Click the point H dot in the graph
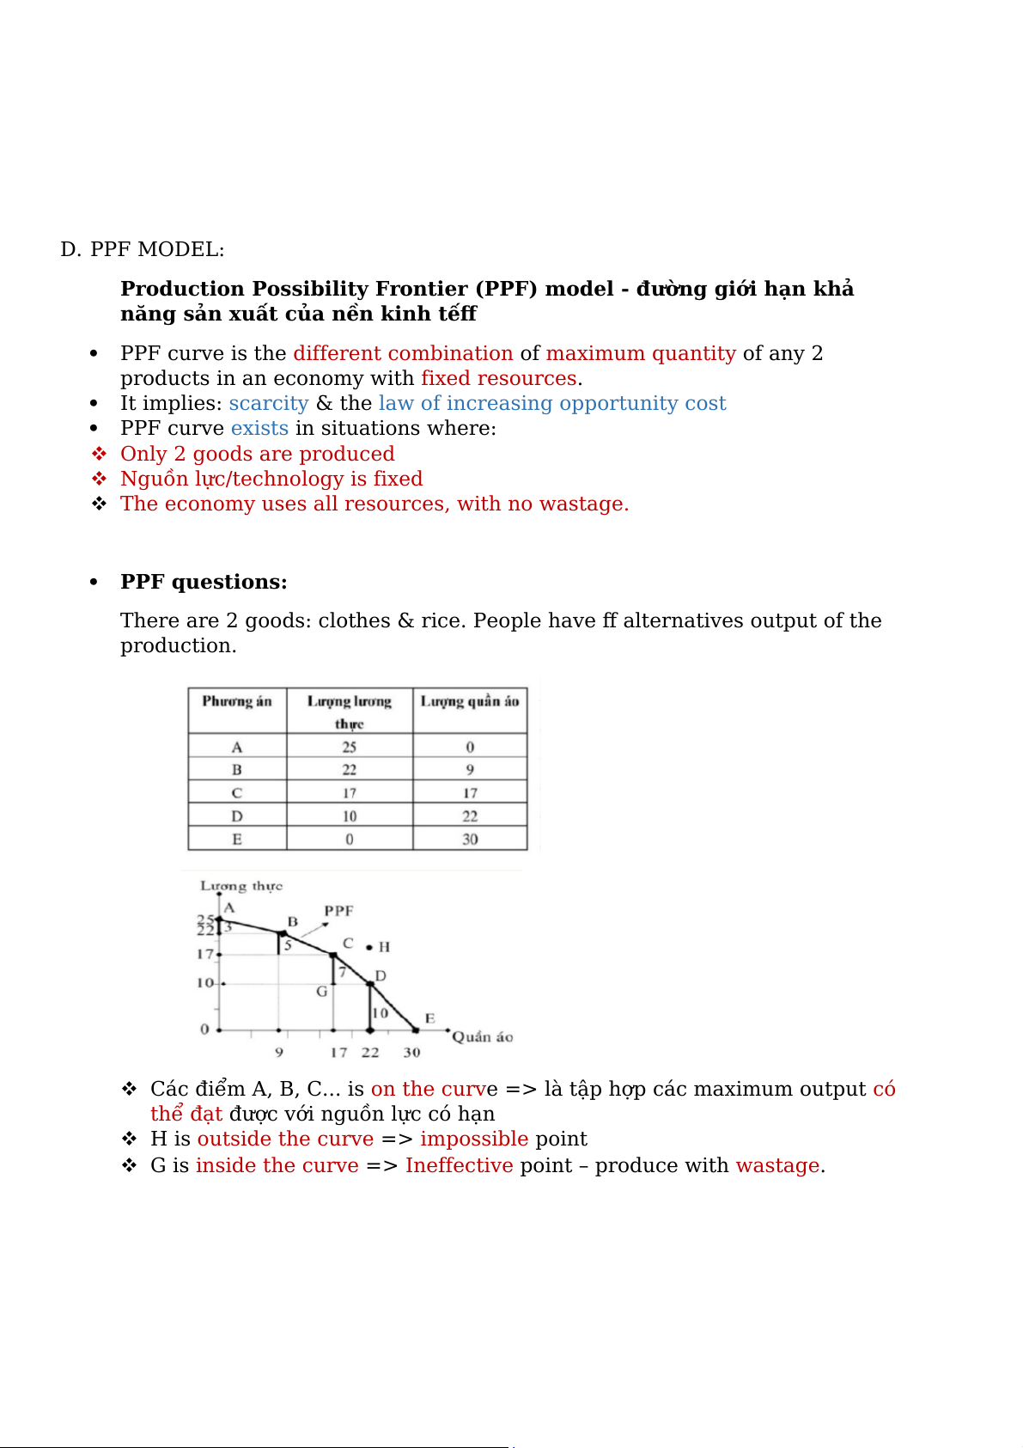[369, 947]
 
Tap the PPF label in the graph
[338, 911]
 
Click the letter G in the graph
[322, 992]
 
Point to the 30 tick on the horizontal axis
[412, 1053]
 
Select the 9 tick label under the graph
[279, 1053]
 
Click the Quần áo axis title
[483, 1037]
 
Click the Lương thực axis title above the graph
[241, 886]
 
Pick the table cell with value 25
[350, 747]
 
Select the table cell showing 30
[470, 839]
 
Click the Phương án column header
[237, 701]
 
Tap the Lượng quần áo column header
[470, 701]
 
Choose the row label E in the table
[237, 839]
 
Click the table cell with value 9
[470, 769]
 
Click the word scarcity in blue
[268, 403]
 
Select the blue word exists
[259, 428]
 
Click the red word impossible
[474, 1139]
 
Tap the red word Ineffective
[460, 1165]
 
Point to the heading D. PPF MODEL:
[143, 249]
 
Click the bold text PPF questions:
[204, 582]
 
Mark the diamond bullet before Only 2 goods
[100, 454]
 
